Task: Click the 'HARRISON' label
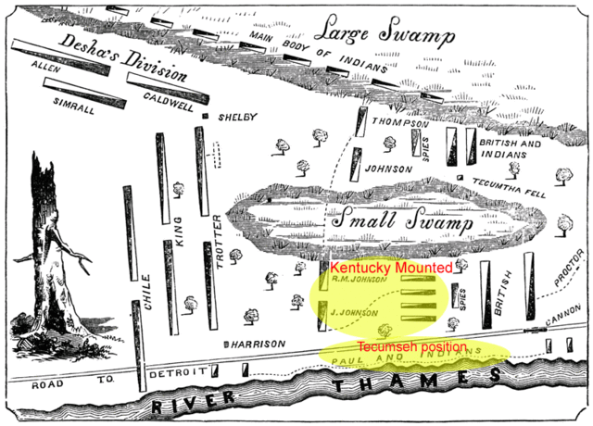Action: coord(259,344)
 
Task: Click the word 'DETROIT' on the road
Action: coord(175,371)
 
